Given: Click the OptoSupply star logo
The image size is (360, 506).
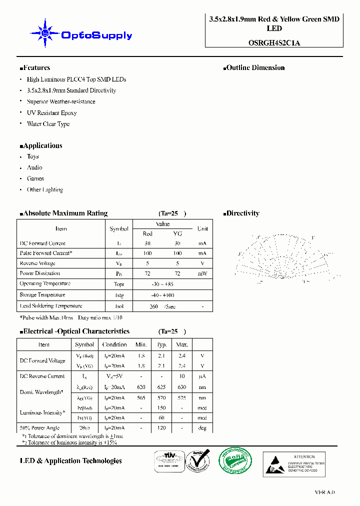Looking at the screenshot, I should coord(45,33).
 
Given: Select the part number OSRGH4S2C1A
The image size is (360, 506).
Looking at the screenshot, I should coord(274,43).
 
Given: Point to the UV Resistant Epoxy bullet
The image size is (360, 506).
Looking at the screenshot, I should coord(51,113).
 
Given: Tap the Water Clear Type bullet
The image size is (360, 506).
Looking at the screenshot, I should coord(48,124).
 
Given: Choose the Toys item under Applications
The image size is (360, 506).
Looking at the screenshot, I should coord(32,156).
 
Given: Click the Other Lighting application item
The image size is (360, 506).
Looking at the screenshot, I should coord(44,189).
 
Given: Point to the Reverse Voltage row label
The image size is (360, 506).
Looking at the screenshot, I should coord(37,263).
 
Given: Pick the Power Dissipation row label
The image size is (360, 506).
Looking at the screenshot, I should coord(39,273).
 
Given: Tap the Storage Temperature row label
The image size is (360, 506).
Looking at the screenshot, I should coord(42,295).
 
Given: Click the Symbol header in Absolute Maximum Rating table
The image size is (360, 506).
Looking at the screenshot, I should coord(119,228).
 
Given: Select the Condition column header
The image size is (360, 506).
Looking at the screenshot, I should coord(114,344).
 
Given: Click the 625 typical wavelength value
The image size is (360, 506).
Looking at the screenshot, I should coord(161,386).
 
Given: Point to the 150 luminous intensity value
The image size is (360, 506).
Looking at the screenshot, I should coord(161,407).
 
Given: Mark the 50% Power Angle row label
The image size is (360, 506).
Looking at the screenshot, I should coord(39,428).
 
